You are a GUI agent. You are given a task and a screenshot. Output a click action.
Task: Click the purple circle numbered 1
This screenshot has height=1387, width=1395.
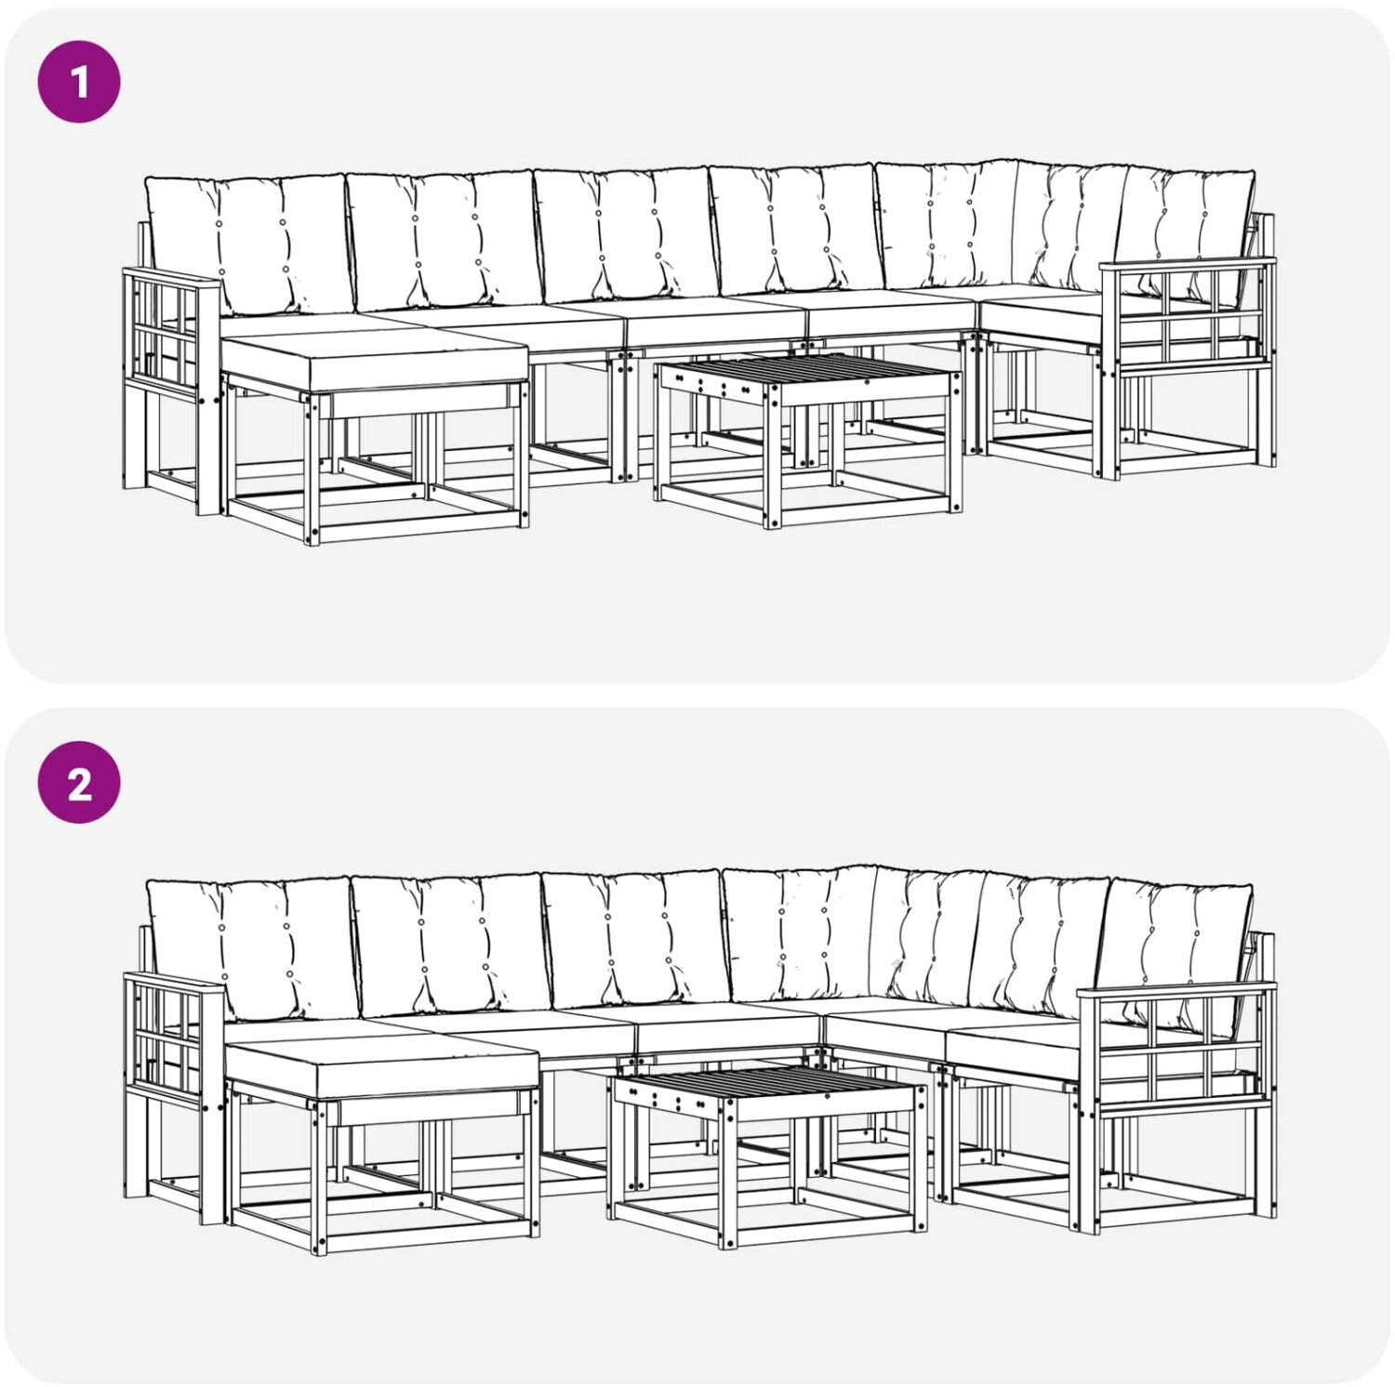click(79, 81)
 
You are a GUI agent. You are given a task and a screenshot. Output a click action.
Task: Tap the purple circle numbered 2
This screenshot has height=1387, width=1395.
click(79, 783)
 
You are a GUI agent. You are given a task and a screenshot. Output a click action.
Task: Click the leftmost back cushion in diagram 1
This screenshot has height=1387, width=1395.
click(249, 244)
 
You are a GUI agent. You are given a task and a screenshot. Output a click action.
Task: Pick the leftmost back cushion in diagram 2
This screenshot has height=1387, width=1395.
click(253, 948)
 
